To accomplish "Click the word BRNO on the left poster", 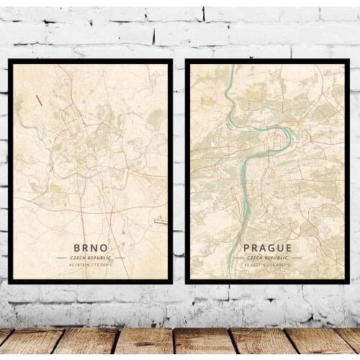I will pos(90,247).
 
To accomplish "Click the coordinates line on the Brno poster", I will pos(90,265).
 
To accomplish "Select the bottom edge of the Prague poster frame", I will pos(266,281).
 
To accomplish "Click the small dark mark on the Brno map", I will pos(39,100).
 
